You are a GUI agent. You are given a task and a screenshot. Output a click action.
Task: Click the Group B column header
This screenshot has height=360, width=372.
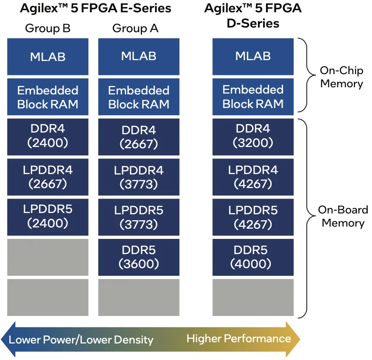[x=47, y=28]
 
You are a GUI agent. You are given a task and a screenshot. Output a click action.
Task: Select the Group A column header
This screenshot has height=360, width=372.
[x=135, y=28]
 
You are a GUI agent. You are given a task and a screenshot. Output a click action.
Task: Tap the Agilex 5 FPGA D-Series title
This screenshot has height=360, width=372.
[x=253, y=15]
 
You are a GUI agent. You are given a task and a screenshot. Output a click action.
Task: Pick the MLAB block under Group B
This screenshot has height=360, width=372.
[x=47, y=57]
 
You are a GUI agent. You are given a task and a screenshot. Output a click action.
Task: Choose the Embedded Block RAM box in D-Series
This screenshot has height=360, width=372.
[x=253, y=97]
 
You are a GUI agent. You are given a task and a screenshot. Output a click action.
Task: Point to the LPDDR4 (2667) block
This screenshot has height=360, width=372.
[x=47, y=177]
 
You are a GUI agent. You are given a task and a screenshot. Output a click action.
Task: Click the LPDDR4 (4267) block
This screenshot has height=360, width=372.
[x=253, y=177]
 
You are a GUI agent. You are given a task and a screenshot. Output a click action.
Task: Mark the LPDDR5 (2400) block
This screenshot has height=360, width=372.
[x=47, y=216]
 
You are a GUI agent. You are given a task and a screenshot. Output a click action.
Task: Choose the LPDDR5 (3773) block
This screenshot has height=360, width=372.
[x=139, y=217]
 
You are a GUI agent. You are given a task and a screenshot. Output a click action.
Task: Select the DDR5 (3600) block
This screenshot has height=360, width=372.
[x=139, y=257]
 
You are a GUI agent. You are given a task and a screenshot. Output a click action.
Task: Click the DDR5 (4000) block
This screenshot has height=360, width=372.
[x=253, y=257]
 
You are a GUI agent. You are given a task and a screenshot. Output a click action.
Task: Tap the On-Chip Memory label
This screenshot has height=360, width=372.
[x=341, y=77]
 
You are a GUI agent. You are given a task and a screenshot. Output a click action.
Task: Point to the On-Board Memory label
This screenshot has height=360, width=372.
[x=343, y=216]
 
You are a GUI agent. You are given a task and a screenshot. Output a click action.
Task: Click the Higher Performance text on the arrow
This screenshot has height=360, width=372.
[x=239, y=338]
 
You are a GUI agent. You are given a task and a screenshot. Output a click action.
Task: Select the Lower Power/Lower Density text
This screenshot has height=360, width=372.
[x=81, y=340]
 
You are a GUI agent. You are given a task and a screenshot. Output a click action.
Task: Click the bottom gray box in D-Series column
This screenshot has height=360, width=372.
[x=253, y=297]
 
